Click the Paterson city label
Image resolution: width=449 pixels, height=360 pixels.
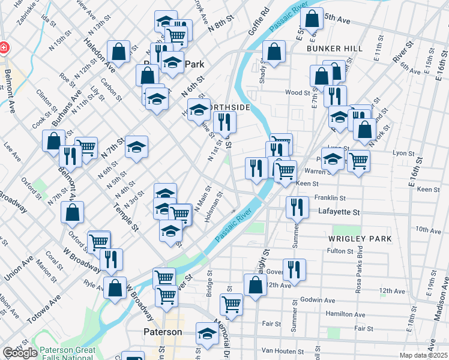163,332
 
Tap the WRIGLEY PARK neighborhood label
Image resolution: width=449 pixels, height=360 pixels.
360,239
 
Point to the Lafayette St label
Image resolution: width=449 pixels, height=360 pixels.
339,212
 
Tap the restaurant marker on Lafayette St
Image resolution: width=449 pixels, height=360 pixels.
298,208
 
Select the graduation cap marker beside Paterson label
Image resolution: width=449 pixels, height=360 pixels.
207,335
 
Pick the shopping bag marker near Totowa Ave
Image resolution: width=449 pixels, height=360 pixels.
114,288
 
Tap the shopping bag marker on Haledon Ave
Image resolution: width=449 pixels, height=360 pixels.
119,52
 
